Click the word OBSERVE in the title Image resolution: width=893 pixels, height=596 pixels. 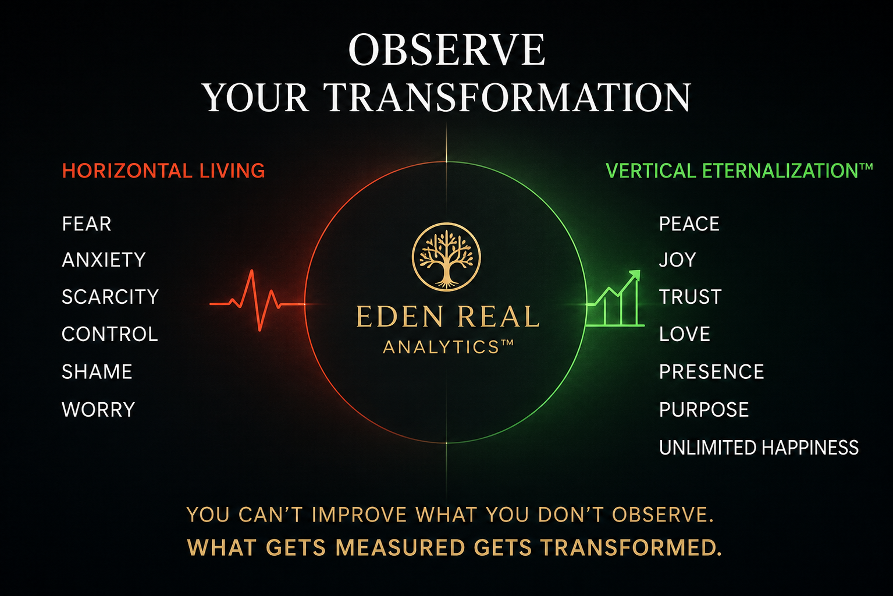(x=447, y=50)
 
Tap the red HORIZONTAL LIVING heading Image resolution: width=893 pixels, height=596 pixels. (x=163, y=171)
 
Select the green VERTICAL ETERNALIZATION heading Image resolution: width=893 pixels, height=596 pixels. (x=739, y=171)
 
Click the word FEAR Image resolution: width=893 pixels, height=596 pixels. (x=87, y=224)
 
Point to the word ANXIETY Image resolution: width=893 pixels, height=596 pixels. (x=104, y=260)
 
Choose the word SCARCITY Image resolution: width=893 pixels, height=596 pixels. (x=111, y=297)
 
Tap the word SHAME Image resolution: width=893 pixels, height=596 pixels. (x=97, y=372)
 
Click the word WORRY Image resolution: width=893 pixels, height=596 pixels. (x=98, y=410)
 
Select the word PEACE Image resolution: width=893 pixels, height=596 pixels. (x=689, y=224)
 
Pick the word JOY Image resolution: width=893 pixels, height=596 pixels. (x=678, y=260)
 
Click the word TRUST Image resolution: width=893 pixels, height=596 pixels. (x=691, y=297)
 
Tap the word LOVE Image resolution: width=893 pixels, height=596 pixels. (x=685, y=334)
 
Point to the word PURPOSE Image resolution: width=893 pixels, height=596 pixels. (x=704, y=410)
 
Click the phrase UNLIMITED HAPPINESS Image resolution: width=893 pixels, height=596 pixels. (x=759, y=448)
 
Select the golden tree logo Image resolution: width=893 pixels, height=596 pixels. (x=446, y=257)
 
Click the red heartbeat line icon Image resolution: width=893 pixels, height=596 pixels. (x=258, y=301)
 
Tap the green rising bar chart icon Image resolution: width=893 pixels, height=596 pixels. (x=615, y=299)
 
